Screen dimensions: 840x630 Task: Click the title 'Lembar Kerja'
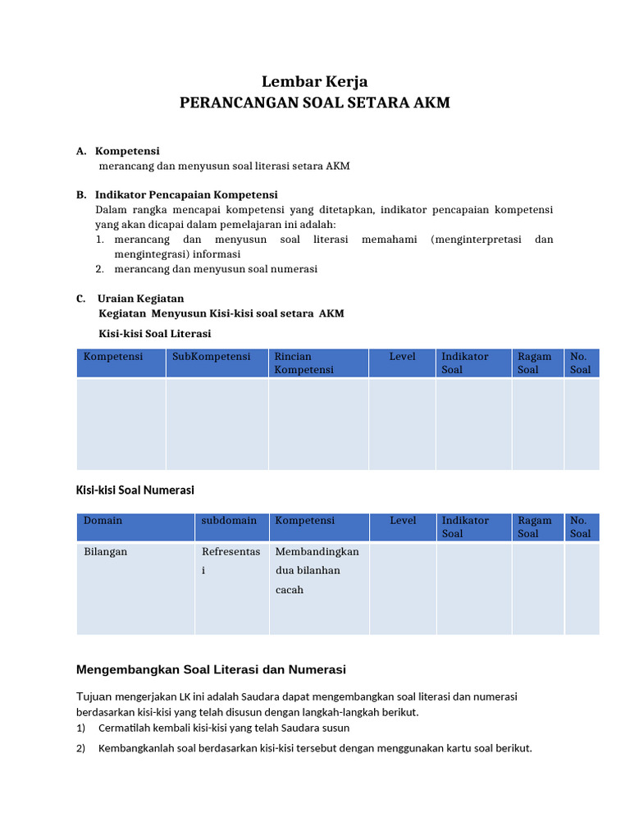pyautogui.click(x=314, y=81)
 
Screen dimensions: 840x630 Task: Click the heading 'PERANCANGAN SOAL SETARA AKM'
pyautogui.click(x=314, y=103)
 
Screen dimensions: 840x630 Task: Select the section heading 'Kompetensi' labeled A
pyautogui.click(x=127, y=151)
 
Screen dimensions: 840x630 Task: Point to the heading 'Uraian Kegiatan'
pyautogui.click(x=140, y=299)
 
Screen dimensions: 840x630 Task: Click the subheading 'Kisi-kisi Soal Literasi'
pyautogui.click(x=154, y=333)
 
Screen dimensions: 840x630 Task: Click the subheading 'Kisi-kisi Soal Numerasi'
pyautogui.click(x=135, y=490)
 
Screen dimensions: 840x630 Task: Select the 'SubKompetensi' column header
pyautogui.click(x=212, y=357)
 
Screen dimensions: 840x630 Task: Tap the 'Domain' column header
pyautogui.click(x=103, y=520)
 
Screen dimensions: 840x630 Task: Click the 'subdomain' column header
pyautogui.click(x=229, y=520)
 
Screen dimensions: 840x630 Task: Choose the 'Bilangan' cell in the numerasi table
pyautogui.click(x=105, y=551)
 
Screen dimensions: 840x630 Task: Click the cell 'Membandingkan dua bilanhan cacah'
pyautogui.click(x=317, y=570)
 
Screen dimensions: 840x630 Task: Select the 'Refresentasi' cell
pyautogui.click(x=225, y=560)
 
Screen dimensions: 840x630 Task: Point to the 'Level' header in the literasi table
pyautogui.click(x=402, y=357)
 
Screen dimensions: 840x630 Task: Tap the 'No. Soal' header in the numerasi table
pyautogui.click(x=580, y=527)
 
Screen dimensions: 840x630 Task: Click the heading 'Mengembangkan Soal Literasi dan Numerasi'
pyautogui.click(x=211, y=669)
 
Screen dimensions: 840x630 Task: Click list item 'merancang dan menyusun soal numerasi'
pyautogui.click(x=216, y=268)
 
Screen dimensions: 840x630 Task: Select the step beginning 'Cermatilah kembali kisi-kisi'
pyautogui.click(x=223, y=728)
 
